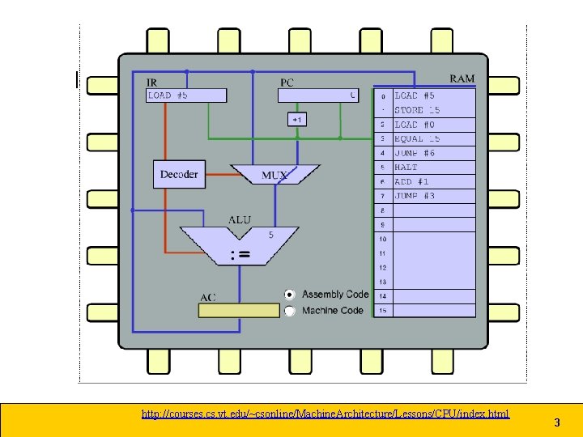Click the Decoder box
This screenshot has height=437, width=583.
pyautogui.click(x=179, y=175)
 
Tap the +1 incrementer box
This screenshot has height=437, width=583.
pyautogui.click(x=297, y=120)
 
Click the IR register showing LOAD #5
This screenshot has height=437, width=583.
pyautogui.click(x=186, y=95)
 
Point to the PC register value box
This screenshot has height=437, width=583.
pyautogui.click(x=318, y=95)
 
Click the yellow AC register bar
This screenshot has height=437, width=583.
pyautogui.click(x=240, y=310)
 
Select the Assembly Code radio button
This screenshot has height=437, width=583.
pyautogui.click(x=290, y=295)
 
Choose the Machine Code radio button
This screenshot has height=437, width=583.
pyautogui.click(x=290, y=311)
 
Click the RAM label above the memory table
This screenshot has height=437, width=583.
pyautogui.click(x=462, y=78)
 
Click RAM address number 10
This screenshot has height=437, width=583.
pyautogui.click(x=383, y=240)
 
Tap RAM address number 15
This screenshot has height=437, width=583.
pyautogui.click(x=383, y=310)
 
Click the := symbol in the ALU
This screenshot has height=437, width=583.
pyautogui.click(x=240, y=254)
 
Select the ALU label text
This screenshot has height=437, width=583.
pyautogui.click(x=240, y=218)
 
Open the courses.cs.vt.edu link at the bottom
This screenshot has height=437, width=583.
pyautogui.click(x=326, y=414)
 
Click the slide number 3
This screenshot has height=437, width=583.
pyautogui.click(x=557, y=422)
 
